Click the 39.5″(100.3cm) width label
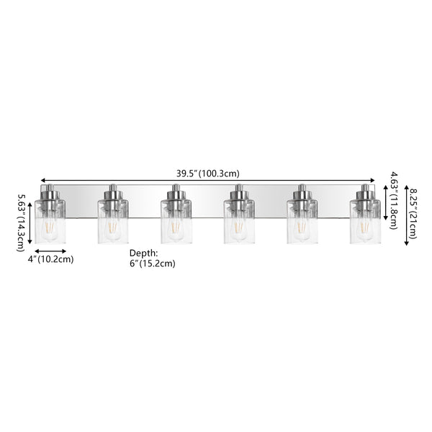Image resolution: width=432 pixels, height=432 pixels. (x=208, y=174)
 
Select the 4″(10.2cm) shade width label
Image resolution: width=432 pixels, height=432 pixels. (x=50, y=259)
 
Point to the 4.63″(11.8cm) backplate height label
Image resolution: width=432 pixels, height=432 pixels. (x=394, y=200)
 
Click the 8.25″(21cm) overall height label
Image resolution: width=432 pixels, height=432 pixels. (x=413, y=214)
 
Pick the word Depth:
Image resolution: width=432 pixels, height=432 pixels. (x=143, y=253)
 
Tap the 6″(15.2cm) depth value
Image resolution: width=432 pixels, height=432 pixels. (x=153, y=264)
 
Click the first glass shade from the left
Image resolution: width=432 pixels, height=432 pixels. (x=50, y=222)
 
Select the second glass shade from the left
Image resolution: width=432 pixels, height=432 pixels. (x=113, y=222)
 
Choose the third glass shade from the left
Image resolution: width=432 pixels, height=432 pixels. (x=176, y=222)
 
